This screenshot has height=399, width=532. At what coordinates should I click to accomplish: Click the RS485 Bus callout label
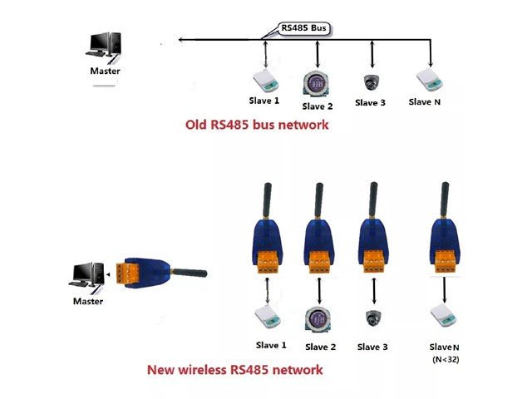(x=305, y=28)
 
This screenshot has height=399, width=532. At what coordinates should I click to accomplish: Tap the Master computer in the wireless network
(x=86, y=276)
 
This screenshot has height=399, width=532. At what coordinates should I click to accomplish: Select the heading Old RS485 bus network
(x=257, y=126)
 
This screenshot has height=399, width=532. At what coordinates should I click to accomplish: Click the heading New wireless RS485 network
(x=234, y=369)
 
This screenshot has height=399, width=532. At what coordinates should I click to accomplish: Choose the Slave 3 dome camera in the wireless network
(x=372, y=318)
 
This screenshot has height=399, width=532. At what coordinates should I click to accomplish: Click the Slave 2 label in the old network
(x=318, y=106)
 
